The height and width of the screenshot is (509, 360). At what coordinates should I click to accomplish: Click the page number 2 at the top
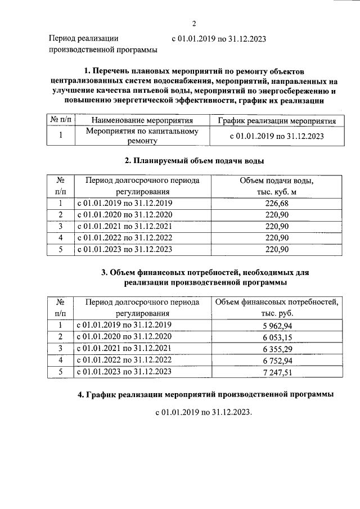click(193, 24)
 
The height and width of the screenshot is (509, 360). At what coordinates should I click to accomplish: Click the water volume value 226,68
click(276, 203)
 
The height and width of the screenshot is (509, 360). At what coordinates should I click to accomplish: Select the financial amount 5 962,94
click(276, 326)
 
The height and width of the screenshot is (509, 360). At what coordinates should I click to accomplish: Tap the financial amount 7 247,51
click(276, 372)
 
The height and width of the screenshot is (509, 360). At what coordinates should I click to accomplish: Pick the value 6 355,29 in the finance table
click(276, 349)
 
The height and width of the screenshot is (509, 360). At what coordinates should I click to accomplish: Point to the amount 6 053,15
click(276, 337)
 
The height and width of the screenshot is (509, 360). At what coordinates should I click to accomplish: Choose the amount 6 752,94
click(276, 360)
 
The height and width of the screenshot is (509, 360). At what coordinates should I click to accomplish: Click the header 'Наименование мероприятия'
click(142, 120)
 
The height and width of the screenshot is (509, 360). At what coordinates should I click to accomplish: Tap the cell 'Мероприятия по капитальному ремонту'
click(142, 136)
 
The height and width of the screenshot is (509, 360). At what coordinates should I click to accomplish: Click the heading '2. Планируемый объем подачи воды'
click(193, 161)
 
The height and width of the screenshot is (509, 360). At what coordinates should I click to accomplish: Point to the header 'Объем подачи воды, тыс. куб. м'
click(276, 186)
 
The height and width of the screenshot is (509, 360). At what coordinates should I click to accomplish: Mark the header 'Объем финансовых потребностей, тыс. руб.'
click(276, 308)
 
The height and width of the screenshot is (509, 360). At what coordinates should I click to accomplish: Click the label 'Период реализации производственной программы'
click(102, 44)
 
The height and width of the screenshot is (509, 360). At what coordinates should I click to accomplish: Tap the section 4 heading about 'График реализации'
click(205, 395)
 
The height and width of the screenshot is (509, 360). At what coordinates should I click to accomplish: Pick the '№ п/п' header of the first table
click(60, 120)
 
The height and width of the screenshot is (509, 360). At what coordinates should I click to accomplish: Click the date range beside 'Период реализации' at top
click(218, 39)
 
